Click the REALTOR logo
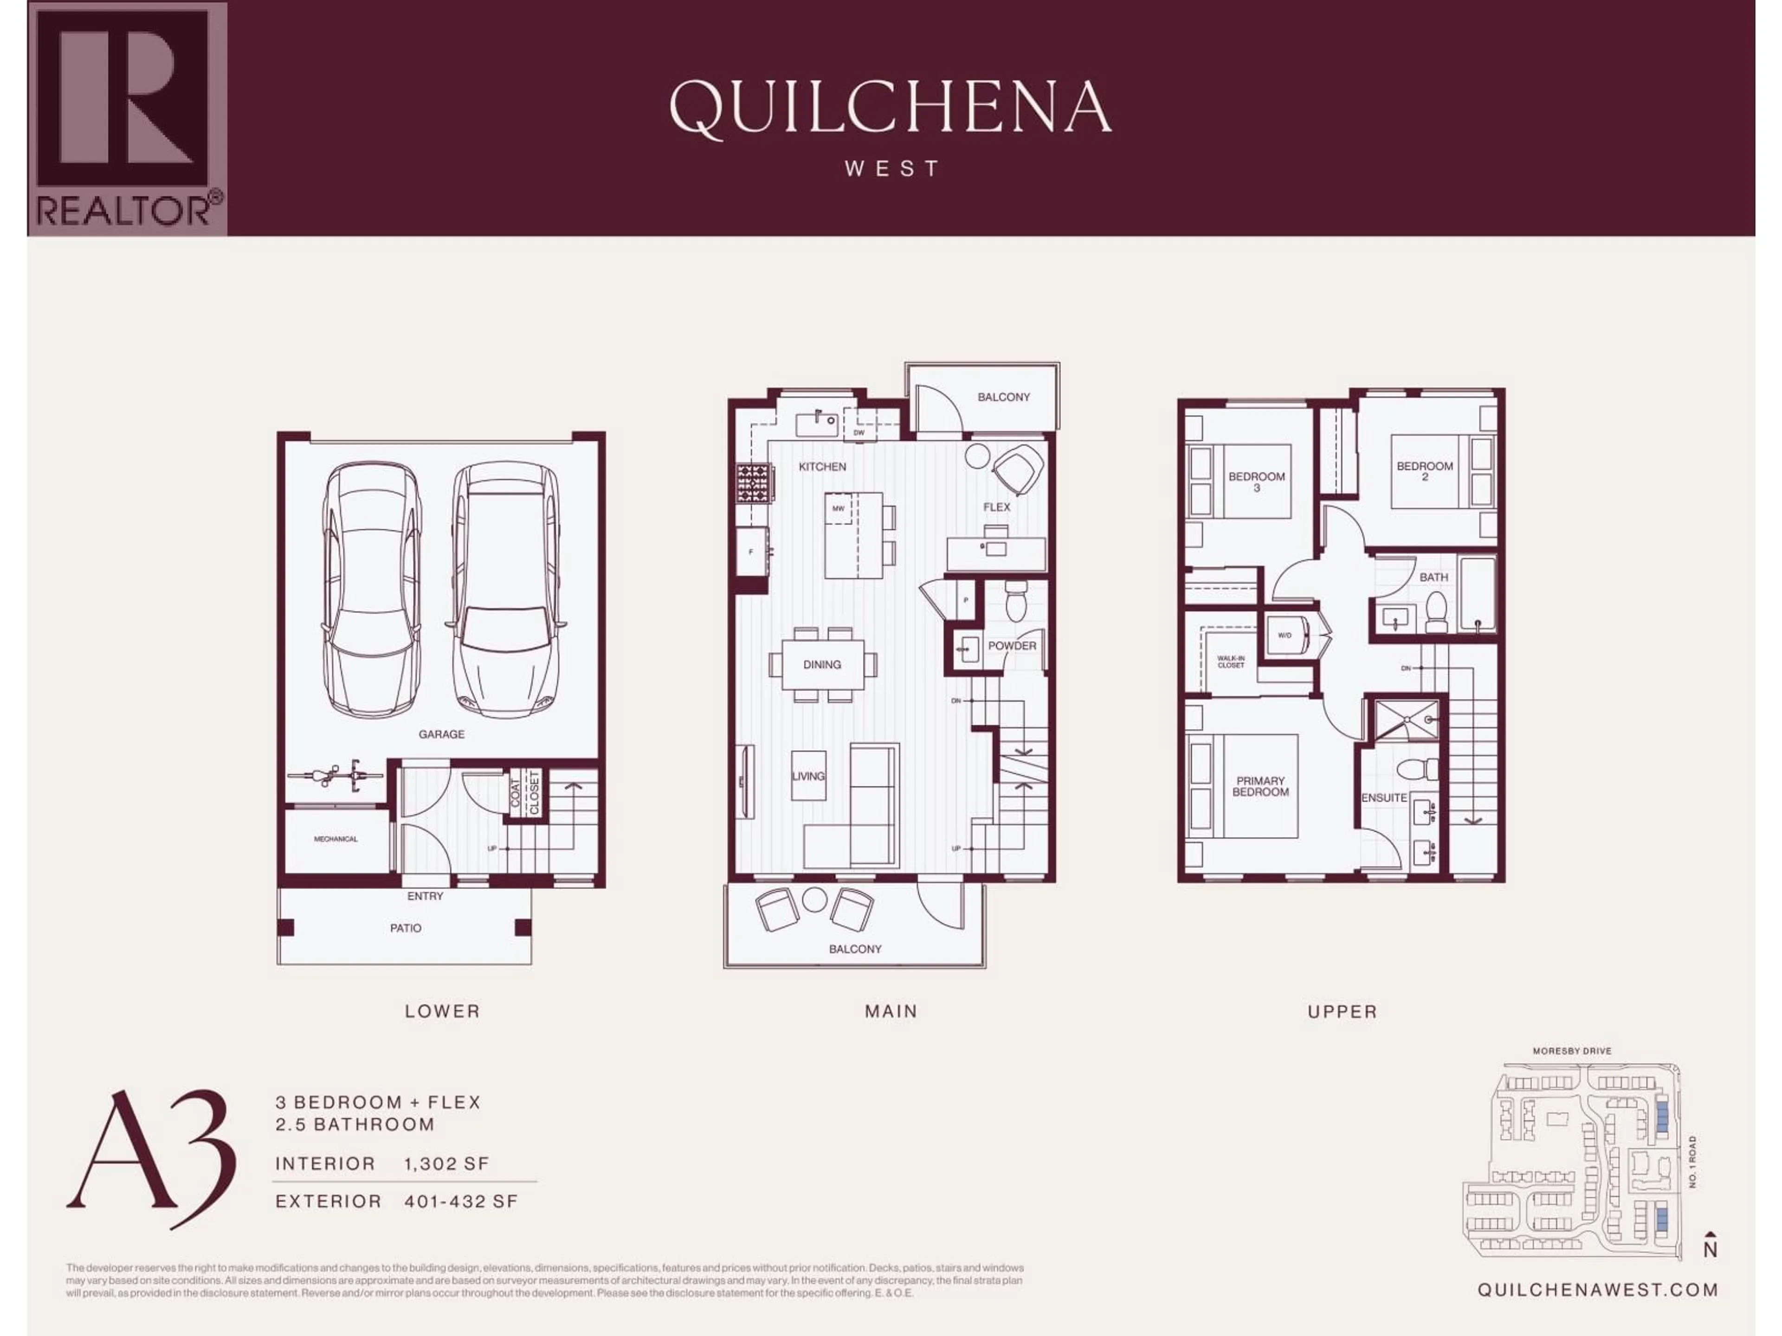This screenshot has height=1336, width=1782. [x=127, y=119]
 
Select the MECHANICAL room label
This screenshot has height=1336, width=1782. [x=336, y=839]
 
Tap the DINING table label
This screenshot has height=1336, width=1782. [x=822, y=664]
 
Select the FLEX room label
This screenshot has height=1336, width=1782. [x=996, y=507]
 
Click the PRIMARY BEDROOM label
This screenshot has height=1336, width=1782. [x=1261, y=786]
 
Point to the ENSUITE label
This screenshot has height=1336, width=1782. [x=1384, y=797]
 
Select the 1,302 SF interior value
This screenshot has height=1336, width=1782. [x=446, y=1163]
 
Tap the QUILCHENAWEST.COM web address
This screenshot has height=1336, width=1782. [x=1597, y=1289]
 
